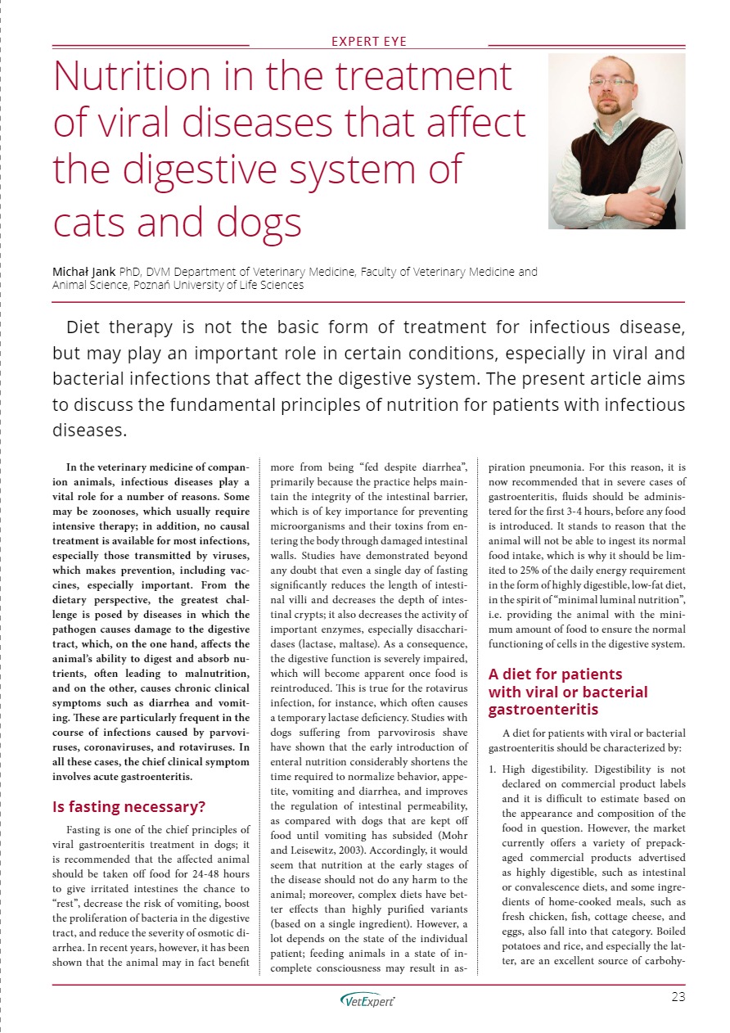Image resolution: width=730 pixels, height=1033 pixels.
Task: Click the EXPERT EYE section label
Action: coord(368,42)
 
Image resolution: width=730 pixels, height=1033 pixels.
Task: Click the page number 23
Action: coord(677,996)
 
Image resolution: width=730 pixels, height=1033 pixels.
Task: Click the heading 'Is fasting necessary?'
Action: coord(128,806)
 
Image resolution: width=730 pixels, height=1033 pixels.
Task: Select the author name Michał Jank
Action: coord(84,271)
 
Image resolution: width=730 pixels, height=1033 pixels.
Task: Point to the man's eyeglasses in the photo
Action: coord(611,82)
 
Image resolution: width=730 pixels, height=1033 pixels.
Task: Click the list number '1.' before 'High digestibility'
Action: coord(493,769)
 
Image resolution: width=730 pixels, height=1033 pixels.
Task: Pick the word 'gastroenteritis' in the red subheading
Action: coord(536,709)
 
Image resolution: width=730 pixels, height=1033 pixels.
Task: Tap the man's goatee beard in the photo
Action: coord(607,105)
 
